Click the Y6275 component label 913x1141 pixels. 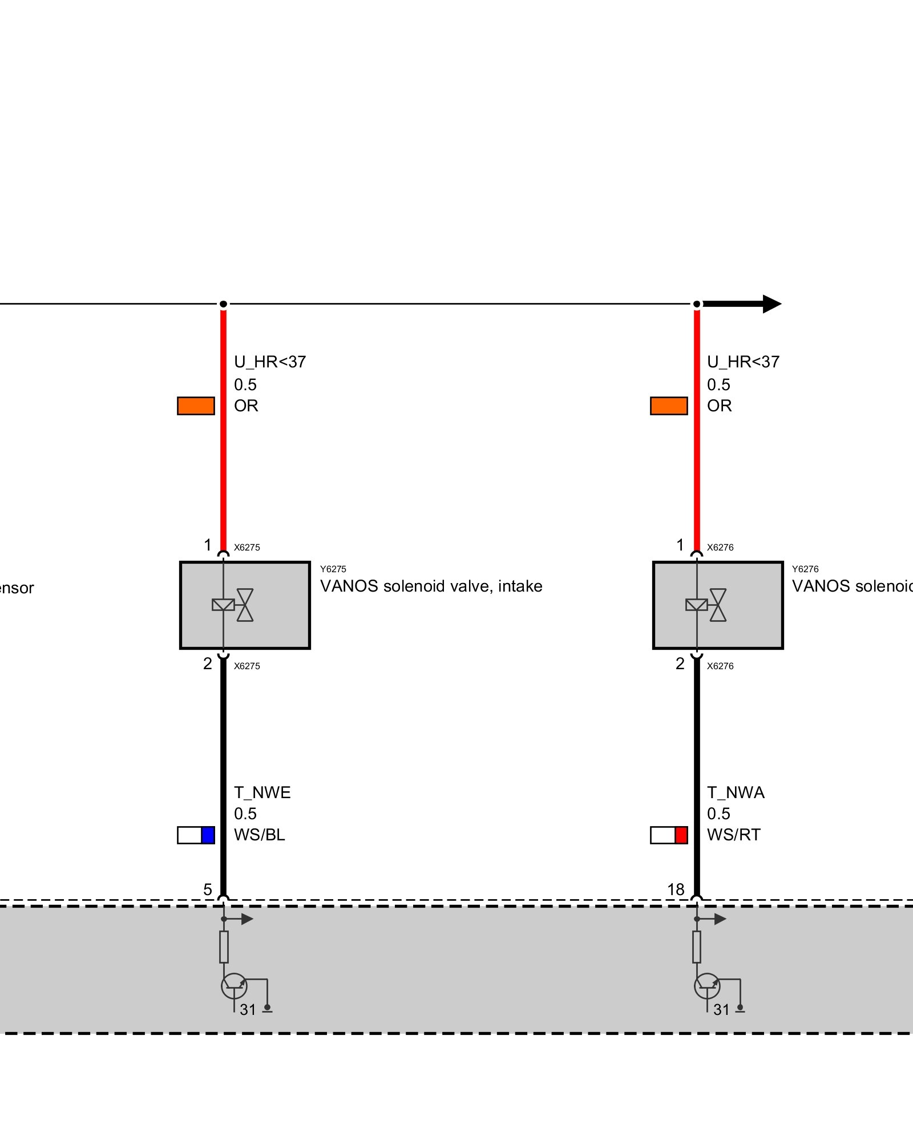point(333,569)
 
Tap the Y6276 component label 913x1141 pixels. point(805,569)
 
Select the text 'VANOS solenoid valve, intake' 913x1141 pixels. point(431,586)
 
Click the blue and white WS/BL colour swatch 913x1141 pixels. point(196,835)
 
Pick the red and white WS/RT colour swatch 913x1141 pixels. point(669,835)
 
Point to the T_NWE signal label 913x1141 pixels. point(262,793)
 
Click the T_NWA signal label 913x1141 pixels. point(736,793)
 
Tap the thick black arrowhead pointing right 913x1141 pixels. point(771,304)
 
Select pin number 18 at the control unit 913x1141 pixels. point(676,889)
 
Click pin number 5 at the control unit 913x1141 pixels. point(208,889)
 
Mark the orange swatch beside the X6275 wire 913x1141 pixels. point(196,406)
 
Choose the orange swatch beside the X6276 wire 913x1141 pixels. point(669,406)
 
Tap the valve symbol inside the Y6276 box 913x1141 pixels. point(706,605)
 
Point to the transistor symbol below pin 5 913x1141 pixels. point(234,985)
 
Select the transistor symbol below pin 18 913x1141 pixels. point(707,985)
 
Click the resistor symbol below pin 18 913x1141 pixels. point(697,946)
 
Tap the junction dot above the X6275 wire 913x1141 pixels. point(224,304)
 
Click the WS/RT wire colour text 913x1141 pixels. point(733,835)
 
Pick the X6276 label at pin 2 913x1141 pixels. point(720,666)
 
